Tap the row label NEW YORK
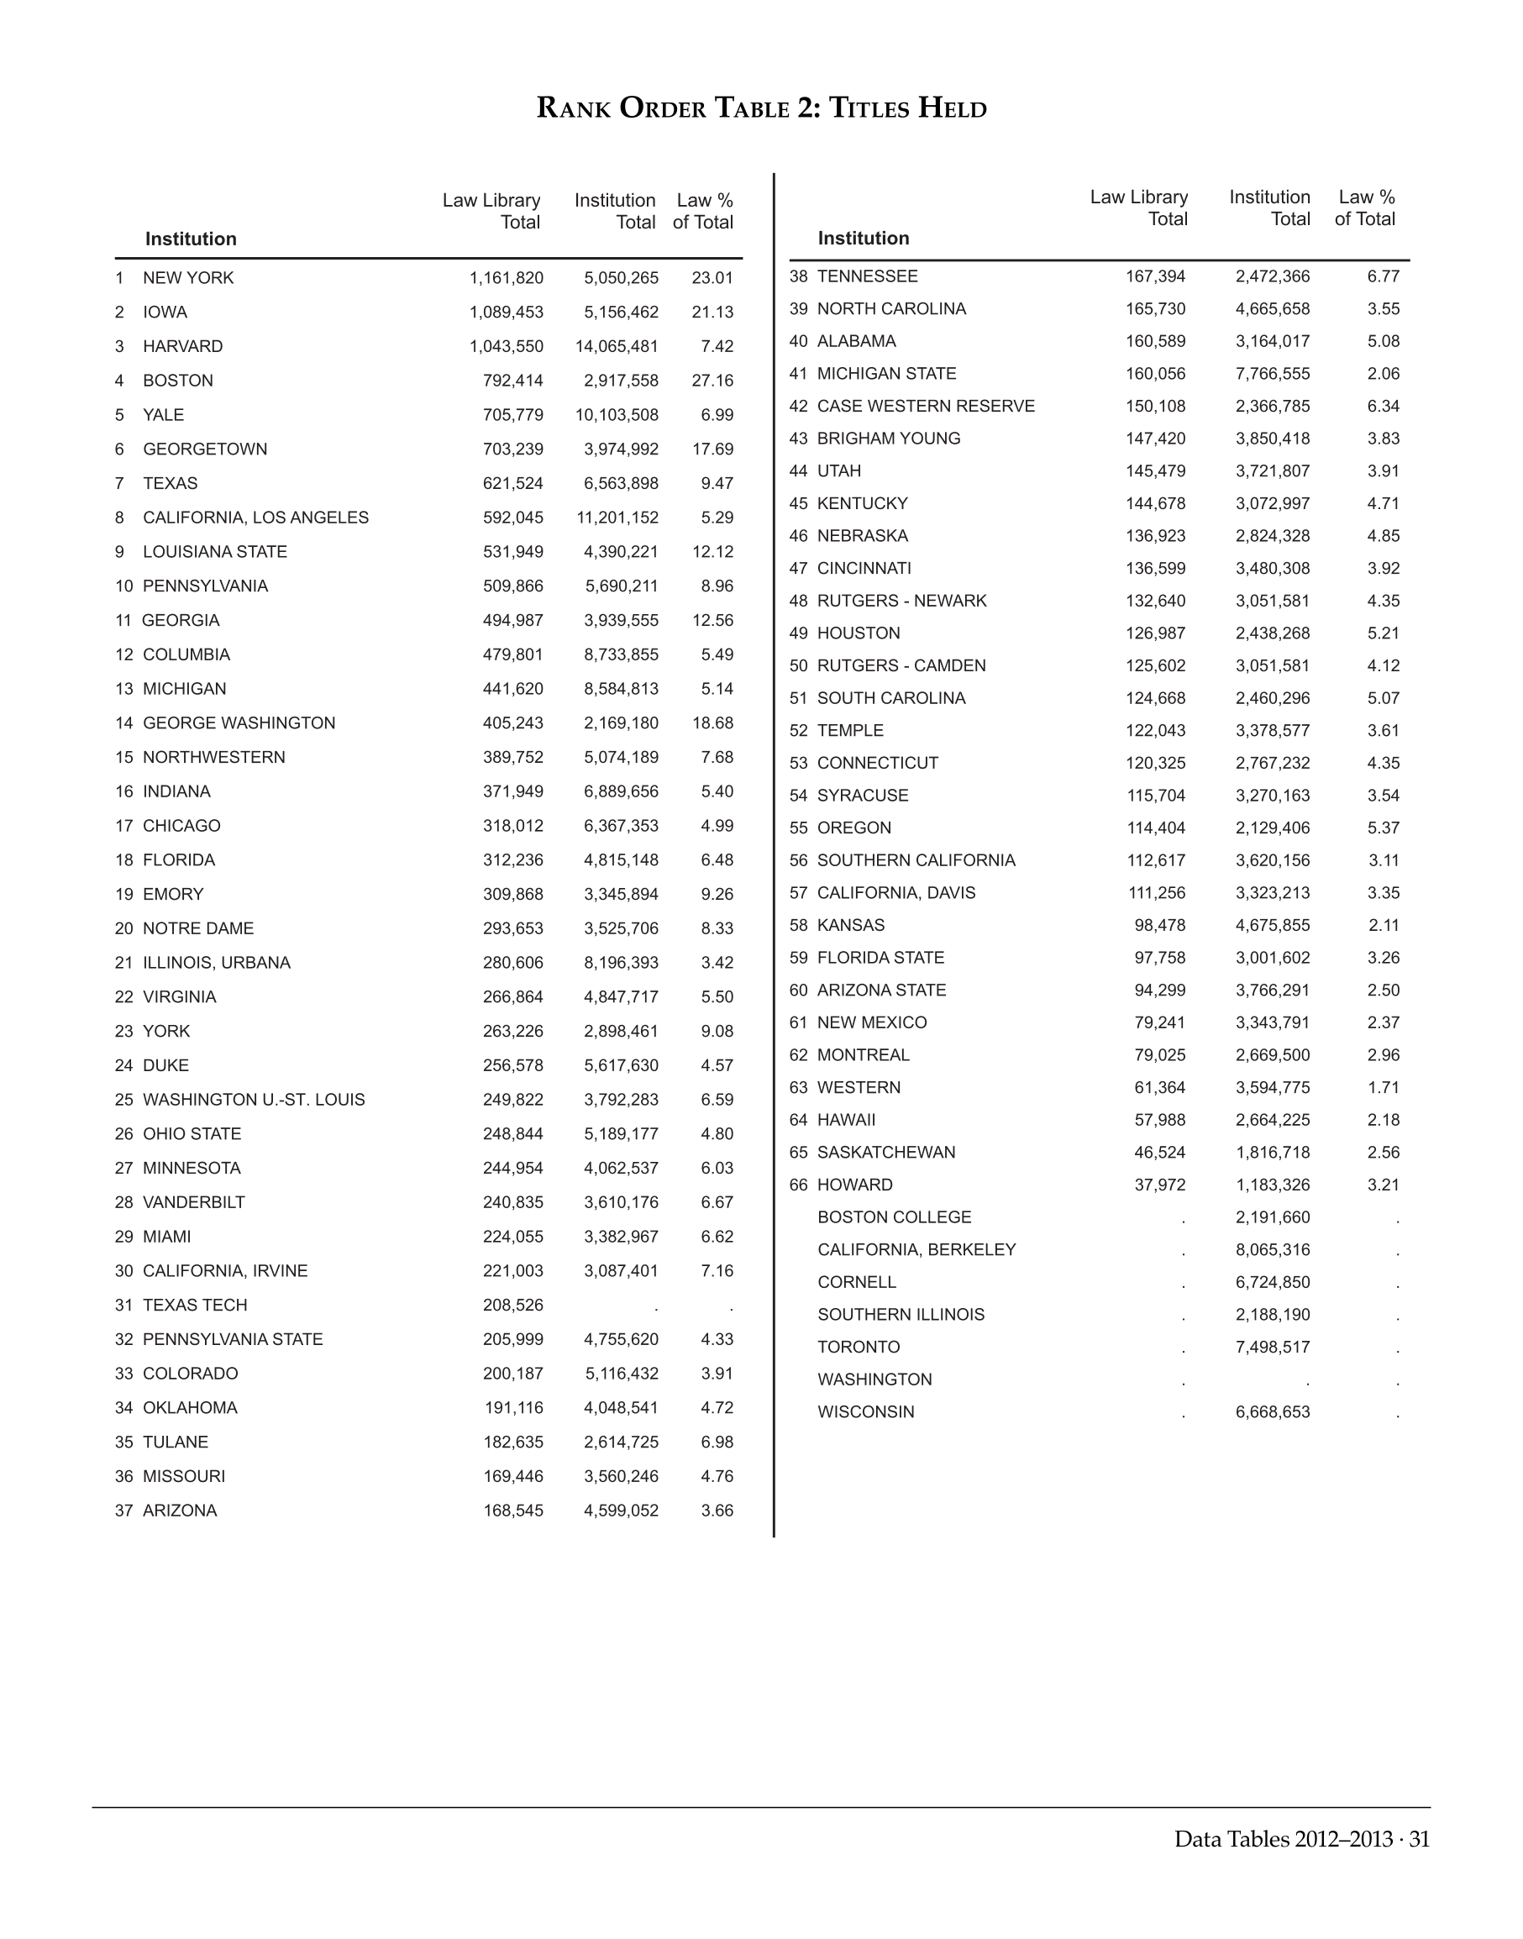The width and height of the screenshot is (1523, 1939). tap(188, 278)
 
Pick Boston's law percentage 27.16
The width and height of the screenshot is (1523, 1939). tap(712, 381)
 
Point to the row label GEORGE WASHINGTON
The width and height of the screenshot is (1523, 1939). tap(239, 723)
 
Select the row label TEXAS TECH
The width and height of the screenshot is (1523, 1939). tap(194, 1305)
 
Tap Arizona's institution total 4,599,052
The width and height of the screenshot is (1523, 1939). tap(621, 1510)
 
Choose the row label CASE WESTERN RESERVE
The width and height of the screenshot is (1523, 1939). tap(926, 406)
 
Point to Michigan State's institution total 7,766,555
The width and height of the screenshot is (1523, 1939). tap(1273, 374)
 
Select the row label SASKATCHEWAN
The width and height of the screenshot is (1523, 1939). tap(885, 1153)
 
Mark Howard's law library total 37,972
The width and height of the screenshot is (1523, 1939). tap(1159, 1185)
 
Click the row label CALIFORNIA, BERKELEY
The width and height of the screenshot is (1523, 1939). tap(916, 1249)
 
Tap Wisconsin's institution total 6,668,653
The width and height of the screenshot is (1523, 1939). tap(1273, 1412)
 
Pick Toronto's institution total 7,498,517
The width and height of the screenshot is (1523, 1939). tap(1273, 1347)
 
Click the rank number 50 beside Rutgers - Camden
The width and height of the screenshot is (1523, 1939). tap(798, 666)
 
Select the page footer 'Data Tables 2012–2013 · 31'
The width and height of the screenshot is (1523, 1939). tap(1301, 1839)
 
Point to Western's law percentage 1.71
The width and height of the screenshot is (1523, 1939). tap(1383, 1087)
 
